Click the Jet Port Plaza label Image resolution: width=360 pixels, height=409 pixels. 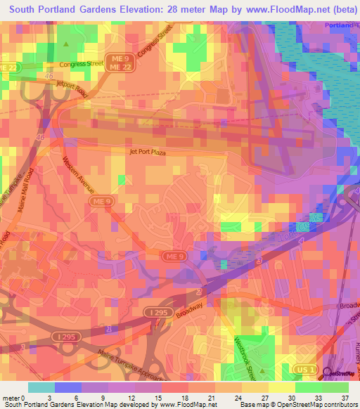(146, 150)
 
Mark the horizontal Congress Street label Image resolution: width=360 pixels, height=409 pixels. (82, 63)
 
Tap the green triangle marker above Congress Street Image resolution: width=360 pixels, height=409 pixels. (66, 44)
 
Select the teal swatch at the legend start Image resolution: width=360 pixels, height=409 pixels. (41, 387)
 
